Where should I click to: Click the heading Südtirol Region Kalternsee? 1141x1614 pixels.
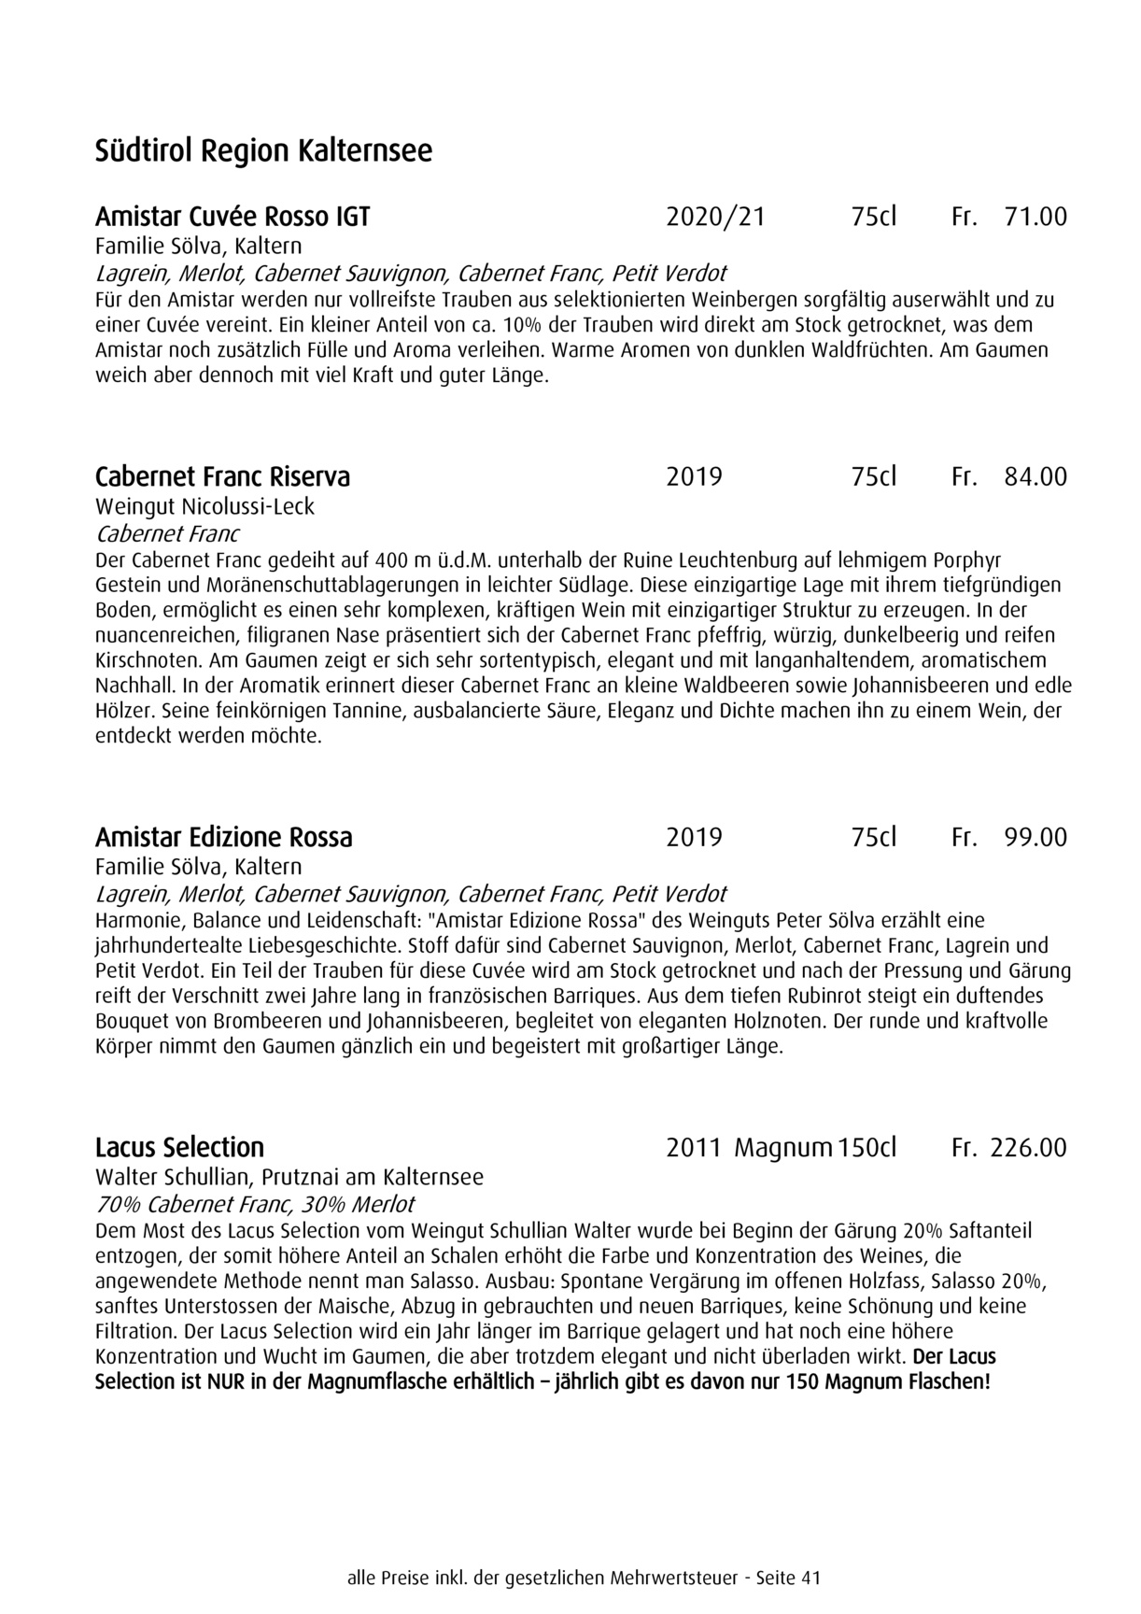click(263, 150)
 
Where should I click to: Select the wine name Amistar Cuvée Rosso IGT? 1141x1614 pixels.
click(232, 217)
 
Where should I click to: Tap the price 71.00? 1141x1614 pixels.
click(1035, 217)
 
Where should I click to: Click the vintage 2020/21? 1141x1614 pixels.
click(715, 217)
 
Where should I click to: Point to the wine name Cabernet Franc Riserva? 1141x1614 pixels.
click(222, 476)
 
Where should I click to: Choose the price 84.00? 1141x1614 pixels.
click(1035, 476)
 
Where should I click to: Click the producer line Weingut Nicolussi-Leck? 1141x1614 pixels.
click(204, 506)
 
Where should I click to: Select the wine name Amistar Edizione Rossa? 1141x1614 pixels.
click(224, 836)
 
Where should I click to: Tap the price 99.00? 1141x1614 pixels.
click(1035, 836)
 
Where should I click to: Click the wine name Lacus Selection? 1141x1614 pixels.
click(179, 1147)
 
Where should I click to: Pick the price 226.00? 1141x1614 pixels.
click(1027, 1147)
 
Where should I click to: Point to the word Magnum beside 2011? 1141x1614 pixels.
click(782, 1147)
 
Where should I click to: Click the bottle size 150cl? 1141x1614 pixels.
click(867, 1147)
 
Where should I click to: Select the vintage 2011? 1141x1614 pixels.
click(694, 1147)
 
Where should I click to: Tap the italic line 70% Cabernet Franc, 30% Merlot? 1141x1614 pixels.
click(255, 1204)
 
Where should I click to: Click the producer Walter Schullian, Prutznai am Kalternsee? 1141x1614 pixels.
click(289, 1176)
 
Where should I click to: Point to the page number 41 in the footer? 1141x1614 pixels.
click(810, 1579)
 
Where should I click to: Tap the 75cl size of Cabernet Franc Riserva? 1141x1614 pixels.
click(873, 476)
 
